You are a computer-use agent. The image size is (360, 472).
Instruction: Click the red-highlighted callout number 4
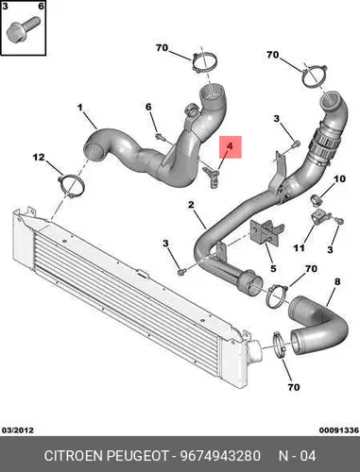[x=231, y=146]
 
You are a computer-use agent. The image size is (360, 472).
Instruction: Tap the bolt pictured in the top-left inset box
[x=24, y=29]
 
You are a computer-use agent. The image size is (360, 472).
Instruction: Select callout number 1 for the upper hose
[x=80, y=108]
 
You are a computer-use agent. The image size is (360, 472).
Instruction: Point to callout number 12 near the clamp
[x=39, y=157]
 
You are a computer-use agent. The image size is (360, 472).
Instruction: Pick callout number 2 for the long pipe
[x=191, y=205]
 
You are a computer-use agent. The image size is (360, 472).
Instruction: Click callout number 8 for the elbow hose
[x=337, y=281]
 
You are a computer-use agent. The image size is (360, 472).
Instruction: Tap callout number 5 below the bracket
[x=273, y=268]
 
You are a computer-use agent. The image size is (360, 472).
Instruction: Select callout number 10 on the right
[x=339, y=179]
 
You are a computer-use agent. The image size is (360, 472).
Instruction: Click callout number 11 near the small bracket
[x=299, y=248]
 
